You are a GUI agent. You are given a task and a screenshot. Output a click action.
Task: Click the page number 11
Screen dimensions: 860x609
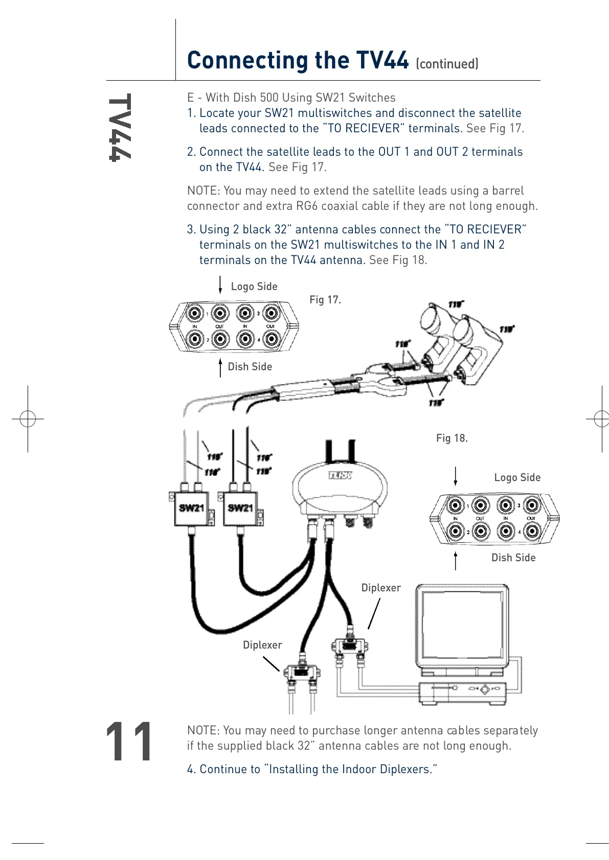129,742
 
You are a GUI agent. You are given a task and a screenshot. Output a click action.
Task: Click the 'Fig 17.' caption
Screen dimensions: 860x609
325,300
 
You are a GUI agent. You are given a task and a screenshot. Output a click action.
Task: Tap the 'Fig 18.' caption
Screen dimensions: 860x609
452,438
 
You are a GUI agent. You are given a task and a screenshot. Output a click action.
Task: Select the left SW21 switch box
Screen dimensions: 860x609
191,509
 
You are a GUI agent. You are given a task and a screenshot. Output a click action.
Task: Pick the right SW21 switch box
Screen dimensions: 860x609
240,509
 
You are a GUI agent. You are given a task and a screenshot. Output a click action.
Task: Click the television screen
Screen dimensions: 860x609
460,626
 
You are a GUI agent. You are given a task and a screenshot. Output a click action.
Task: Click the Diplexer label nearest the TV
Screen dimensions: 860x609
381,588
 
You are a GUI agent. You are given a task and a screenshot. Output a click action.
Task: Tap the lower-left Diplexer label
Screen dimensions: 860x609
262,645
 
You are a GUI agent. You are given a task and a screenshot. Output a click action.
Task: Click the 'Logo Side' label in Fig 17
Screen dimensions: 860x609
254,286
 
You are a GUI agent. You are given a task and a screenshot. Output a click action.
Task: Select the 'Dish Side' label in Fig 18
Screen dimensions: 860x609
513,558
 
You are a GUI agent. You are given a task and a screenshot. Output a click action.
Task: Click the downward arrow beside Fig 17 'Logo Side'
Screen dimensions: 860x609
220,284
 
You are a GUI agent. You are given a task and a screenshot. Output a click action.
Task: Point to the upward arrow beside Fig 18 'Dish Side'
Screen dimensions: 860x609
456,560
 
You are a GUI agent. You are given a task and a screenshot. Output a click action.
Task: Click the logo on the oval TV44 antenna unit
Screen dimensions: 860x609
340,475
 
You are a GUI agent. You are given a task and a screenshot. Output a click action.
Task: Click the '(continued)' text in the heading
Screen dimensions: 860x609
447,64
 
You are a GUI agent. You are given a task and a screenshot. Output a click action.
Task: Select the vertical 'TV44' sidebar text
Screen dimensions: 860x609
120,128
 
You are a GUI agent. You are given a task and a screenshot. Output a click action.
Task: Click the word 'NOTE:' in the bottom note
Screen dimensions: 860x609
204,730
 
